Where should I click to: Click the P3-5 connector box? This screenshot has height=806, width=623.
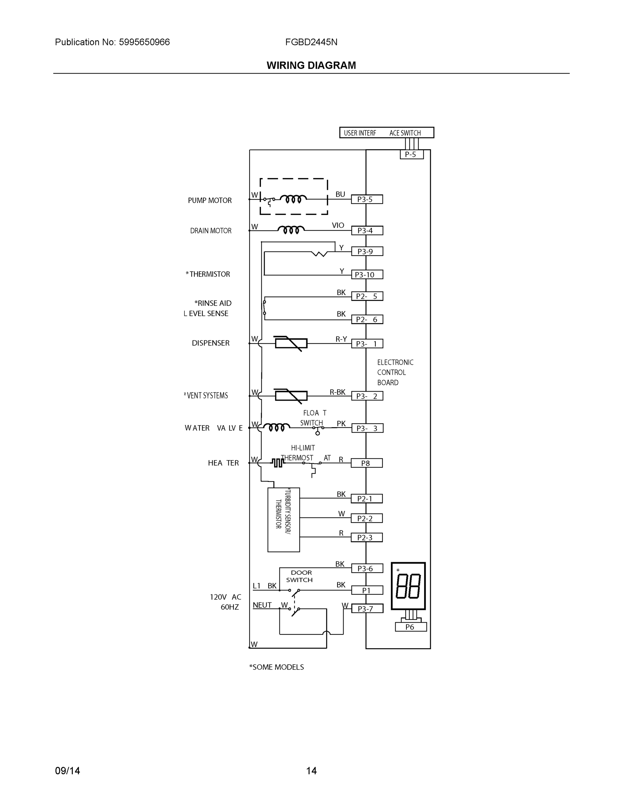click(366, 199)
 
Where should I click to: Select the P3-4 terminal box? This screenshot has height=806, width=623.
click(366, 231)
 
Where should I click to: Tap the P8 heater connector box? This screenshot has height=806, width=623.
click(366, 463)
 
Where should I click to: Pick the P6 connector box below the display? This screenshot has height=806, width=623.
click(410, 627)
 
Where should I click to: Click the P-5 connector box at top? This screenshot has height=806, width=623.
click(411, 154)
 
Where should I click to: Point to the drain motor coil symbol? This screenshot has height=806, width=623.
click(291, 230)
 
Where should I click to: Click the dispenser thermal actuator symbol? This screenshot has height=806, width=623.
click(291, 344)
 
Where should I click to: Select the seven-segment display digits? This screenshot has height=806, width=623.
click(408, 586)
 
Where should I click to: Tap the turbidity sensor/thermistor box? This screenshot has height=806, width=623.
click(283, 520)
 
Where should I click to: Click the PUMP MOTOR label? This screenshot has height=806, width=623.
click(210, 200)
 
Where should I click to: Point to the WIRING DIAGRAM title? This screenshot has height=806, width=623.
click(311, 65)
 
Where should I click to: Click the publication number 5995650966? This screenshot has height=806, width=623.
click(144, 42)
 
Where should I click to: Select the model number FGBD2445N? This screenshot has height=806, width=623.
click(311, 42)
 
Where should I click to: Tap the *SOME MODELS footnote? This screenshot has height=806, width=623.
click(276, 667)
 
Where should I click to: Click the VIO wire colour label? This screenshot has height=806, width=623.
click(338, 225)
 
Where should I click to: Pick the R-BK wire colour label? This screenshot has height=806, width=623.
click(337, 392)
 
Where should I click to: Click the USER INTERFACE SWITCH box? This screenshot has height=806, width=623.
click(387, 133)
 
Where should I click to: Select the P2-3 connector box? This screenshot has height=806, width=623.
click(366, 538)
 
